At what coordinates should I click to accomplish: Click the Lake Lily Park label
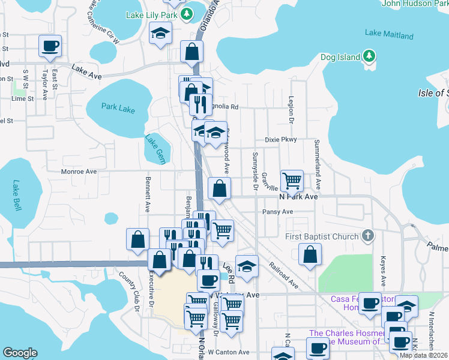[151, 13]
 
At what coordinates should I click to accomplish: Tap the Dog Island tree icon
[370, 58]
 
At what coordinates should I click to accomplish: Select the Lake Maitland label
[389, 34]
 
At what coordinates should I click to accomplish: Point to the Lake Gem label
[154, 148]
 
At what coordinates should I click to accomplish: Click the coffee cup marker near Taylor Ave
[49, 46]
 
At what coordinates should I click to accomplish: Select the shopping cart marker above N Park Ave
[292, 179]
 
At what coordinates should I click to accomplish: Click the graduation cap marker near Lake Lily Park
[160, 33]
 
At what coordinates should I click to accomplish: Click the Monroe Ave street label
[79, 172]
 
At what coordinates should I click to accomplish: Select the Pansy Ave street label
[277, 212]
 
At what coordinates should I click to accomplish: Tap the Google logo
[20, 352]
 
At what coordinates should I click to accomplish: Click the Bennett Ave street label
[148, 194]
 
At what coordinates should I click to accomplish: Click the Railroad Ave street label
[283, 274]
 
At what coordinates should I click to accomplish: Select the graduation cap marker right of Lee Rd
[246, 266]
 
